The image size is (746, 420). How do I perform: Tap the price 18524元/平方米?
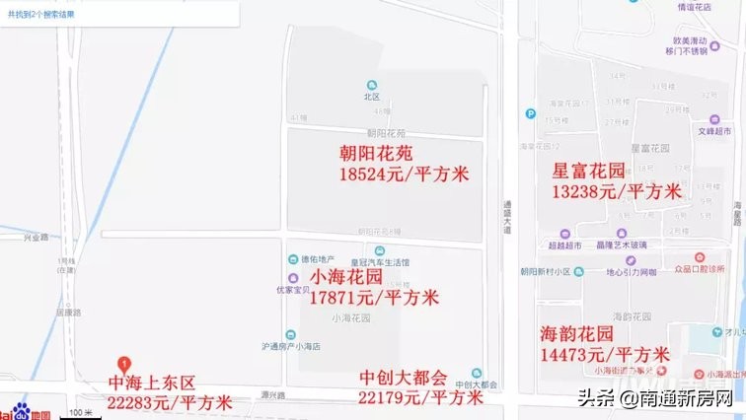coord(404,175)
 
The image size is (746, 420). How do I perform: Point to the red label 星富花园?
coord(589,171)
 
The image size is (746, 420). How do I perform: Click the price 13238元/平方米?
coord(616,191)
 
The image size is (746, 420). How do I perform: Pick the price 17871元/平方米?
coord(374,296)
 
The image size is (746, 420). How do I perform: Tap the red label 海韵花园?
coord(577,333)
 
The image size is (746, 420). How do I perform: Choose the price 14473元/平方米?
coord(605,354)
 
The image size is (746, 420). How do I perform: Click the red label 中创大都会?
coord(404,377)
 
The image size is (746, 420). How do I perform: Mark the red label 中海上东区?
coord(153,382)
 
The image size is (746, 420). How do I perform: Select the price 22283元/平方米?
coord(170,401)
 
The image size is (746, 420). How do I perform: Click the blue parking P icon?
coord(530,111)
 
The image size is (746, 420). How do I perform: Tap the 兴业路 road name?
coord(37,237)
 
